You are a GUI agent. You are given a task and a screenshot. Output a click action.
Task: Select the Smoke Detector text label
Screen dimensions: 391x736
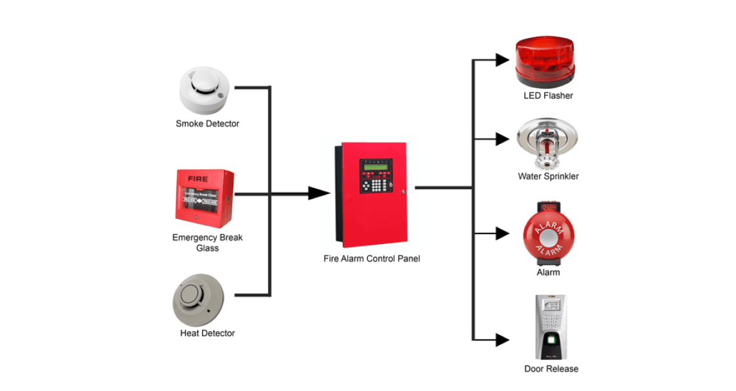(207, 123)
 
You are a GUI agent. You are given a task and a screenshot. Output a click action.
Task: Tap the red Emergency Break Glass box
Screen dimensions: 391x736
(205, 195)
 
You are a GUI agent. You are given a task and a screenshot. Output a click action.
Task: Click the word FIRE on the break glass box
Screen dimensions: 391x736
(196, 177)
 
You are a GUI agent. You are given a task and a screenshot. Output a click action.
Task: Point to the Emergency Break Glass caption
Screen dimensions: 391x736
(207, 243)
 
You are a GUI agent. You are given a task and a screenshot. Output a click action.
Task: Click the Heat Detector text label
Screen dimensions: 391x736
(207, 333)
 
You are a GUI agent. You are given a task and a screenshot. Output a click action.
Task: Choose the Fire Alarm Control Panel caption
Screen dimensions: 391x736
(371, 259)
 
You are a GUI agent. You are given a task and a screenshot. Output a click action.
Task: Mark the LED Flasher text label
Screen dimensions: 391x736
(548, 95)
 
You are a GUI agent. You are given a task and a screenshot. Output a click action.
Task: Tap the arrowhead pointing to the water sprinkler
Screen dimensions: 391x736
(502, 138)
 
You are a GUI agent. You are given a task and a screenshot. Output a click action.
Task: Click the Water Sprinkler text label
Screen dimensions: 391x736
(548, 176)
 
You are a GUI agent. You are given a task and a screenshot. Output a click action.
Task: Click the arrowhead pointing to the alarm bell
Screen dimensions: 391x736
(502, 234)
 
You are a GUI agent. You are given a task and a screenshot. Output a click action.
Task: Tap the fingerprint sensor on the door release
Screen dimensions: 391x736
(551, 340)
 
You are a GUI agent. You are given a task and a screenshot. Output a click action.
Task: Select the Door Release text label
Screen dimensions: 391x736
(551, 369)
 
